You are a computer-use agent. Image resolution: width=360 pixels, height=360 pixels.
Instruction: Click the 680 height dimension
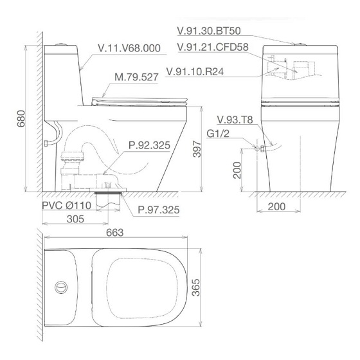pos(21,118)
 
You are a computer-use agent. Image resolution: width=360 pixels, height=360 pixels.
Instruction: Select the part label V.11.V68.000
pos(129,48)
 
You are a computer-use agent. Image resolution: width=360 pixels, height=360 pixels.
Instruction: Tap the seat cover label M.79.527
pos(136,77)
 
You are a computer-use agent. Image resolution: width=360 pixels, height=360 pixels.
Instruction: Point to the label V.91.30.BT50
pos(209,31)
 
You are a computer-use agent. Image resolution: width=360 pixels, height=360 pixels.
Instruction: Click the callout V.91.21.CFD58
pos(213,47)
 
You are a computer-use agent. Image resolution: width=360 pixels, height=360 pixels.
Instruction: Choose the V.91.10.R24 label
pos(195,71)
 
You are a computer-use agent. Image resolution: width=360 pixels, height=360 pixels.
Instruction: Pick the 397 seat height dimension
pos(197,149)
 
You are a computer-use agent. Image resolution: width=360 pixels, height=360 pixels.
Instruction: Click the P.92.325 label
pos(149,145)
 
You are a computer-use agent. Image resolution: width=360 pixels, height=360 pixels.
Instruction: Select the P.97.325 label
pos(158,210)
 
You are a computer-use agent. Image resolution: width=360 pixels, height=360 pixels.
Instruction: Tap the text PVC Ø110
pos(67,206)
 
